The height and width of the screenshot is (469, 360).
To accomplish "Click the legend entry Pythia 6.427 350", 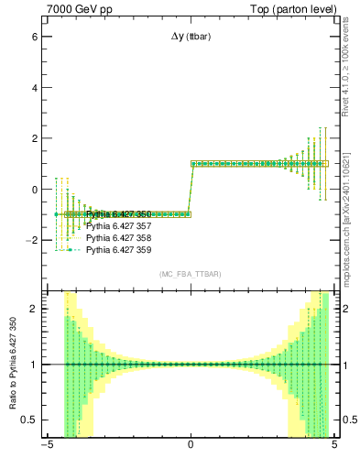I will coord(118,213).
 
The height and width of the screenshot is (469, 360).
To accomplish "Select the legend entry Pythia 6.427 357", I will coord(118,225).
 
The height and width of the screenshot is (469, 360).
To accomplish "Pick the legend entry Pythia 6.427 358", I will coord(118,237).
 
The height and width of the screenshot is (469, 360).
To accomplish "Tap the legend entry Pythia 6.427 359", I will coord(118,249).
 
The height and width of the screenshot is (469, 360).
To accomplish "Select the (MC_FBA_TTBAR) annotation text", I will coord(191,274).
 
